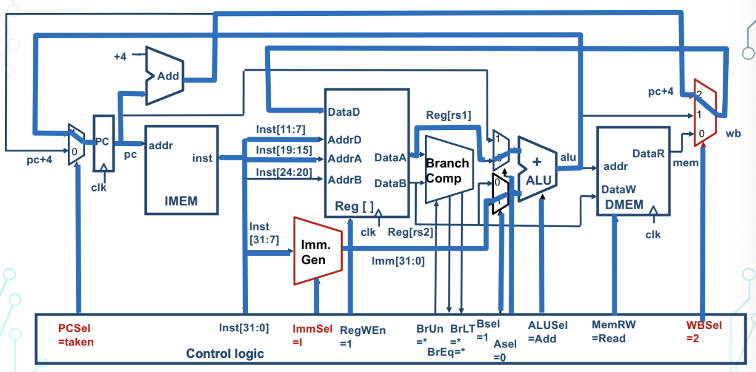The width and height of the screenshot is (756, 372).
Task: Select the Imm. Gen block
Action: point(316,251)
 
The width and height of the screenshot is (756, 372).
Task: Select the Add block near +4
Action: point(166,76)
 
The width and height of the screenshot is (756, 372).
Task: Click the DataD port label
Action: point(344,113)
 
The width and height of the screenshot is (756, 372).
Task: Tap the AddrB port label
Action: point(345,180)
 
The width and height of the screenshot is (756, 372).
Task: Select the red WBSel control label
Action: point(704,331)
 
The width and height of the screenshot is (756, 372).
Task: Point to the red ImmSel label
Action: point(313,334)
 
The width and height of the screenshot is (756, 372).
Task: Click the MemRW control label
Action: point(614,331)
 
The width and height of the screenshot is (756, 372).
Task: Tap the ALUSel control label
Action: point(548,331)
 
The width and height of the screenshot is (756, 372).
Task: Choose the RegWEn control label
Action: point(363,336)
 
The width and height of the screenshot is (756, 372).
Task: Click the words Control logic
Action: point(225,354)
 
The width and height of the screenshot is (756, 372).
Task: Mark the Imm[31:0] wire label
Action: point(398,261)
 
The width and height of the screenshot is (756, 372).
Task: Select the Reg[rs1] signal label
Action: point(448,115)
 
